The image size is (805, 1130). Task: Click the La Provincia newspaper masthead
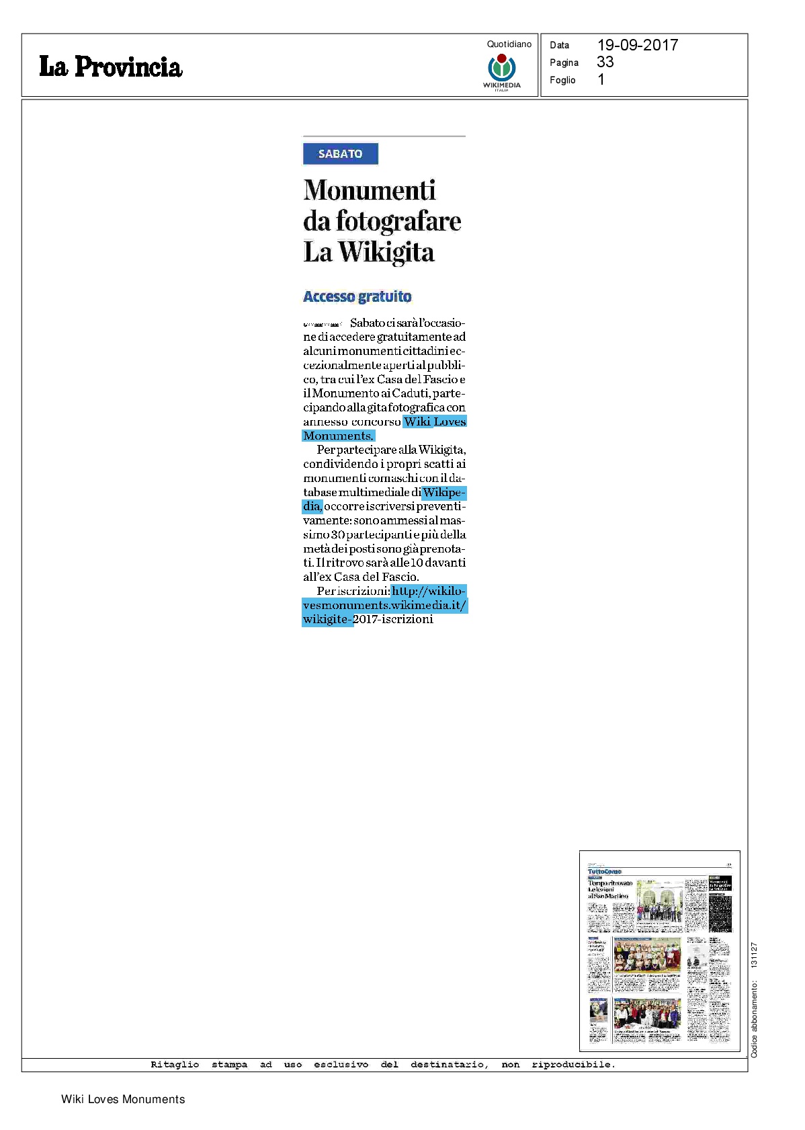[x=111, y=67]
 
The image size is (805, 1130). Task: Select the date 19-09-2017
[x=637, y=45]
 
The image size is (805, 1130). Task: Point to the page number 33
[x=605, y=63]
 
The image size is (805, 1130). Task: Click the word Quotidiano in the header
[x=509, y=44]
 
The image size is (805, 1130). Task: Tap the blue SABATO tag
[x=340, y=154]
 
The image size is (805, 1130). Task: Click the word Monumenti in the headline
[x=370, y=190]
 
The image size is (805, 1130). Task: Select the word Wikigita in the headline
[x=386, y=253]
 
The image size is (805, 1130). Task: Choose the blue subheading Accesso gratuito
[x=357, y=296]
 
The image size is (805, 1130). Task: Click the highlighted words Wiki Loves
[x=435, y=421]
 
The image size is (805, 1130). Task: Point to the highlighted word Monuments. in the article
[x=338, y=436]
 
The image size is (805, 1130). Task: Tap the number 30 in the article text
[x=337, y=534]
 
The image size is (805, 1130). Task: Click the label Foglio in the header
[x=562, y=80]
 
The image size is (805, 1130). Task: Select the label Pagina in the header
[x=564, y=63]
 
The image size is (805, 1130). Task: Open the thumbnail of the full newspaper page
[x=659, y=951]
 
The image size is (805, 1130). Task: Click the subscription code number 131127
[x=754, y=955]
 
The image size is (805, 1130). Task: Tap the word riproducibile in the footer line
[x=573, y=1064]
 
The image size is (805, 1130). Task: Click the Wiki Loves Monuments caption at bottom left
[x=123, y=1099]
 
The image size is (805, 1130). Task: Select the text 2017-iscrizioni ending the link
[x=393, y=619]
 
